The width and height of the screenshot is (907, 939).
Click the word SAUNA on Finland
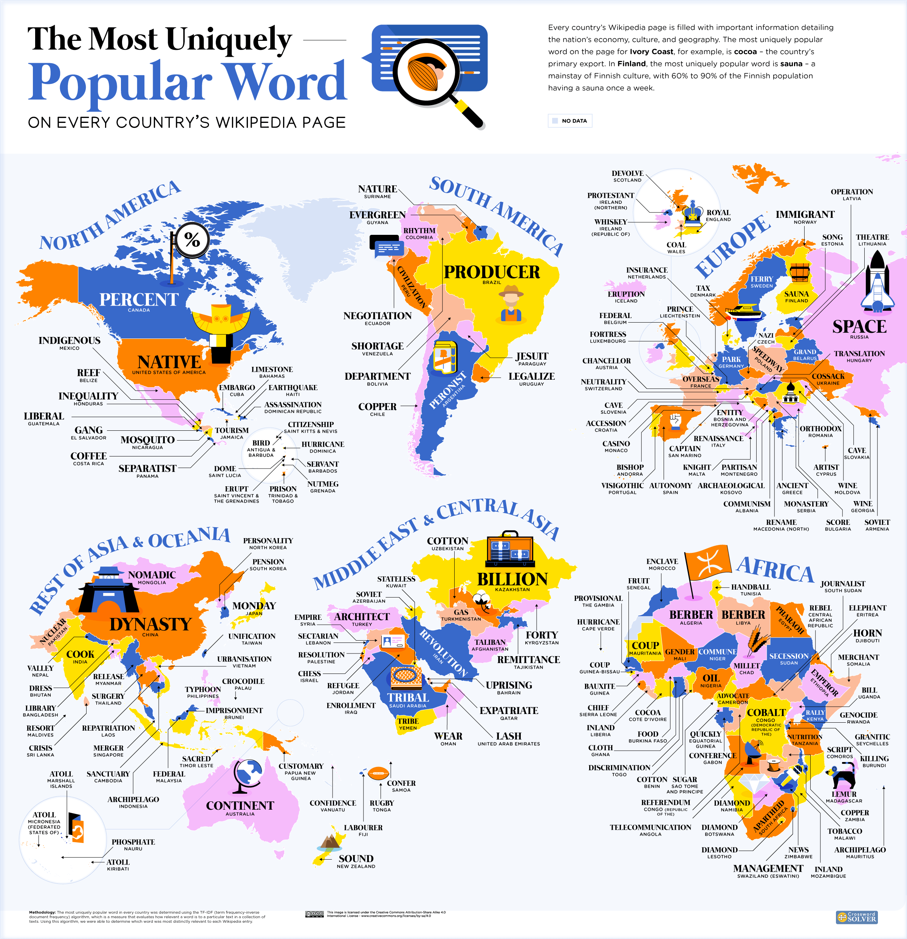click(796, 294)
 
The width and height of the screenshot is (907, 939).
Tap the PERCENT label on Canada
click(139, 300)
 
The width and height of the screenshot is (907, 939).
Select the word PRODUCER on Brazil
click(491, 272)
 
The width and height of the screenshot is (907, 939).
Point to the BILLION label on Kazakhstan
click(512, 579)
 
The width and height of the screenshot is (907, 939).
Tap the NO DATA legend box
click(570, 121)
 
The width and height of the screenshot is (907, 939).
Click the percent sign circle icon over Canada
click(192, 239)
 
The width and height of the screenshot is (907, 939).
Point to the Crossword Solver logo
click(856, 917)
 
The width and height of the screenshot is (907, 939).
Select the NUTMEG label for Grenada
click(323, 484)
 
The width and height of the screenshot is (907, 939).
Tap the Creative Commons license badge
click(314, 914)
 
